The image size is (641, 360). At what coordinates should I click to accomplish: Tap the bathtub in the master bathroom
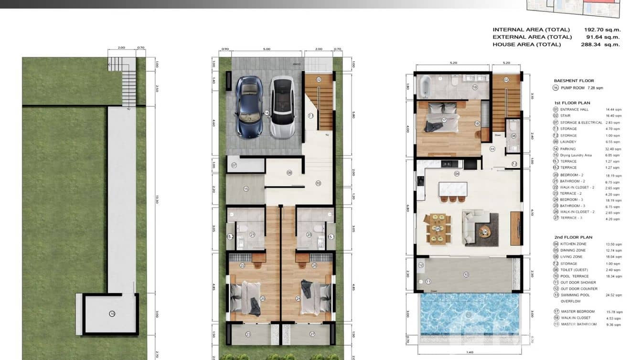424,87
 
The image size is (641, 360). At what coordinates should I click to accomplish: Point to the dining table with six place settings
438,228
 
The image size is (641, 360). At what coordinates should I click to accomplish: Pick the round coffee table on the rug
485,232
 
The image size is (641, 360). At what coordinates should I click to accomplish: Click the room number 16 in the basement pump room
112,314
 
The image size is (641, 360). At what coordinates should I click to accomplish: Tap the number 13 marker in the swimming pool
468,314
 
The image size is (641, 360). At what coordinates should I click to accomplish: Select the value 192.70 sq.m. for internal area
602,30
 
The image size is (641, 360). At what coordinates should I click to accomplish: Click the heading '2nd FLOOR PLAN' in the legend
573,237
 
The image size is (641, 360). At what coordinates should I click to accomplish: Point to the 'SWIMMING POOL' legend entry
575,295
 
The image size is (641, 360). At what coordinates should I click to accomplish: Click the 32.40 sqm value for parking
613,149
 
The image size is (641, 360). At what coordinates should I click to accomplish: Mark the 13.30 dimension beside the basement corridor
156,201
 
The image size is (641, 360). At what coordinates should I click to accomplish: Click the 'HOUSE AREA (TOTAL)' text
526,44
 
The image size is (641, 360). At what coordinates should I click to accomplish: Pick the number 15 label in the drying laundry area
246,189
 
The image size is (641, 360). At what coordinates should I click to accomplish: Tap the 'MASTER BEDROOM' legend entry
578,311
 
